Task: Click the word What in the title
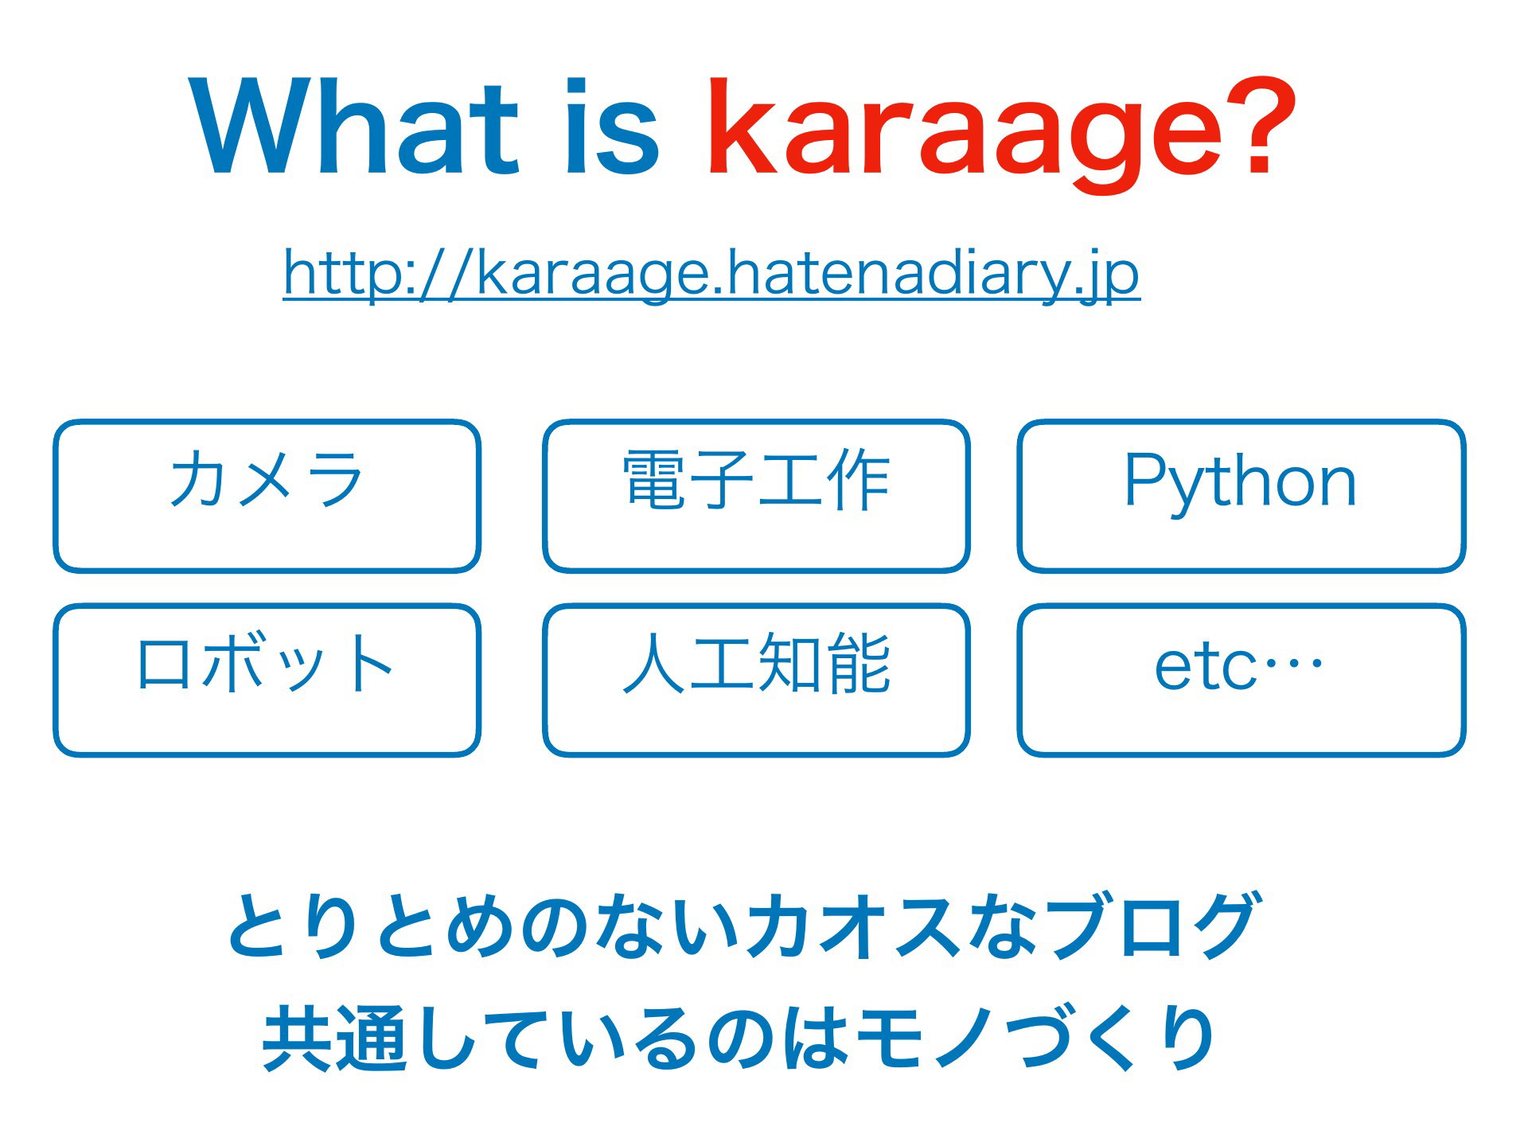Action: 355,126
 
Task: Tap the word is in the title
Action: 611,126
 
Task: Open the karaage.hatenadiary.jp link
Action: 711,274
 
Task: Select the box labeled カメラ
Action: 267,496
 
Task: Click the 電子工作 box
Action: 756,496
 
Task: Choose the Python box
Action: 1241,496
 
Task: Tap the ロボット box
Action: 267,680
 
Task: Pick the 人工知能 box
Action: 756,680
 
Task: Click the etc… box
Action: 1241,680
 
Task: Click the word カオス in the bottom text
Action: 852,925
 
